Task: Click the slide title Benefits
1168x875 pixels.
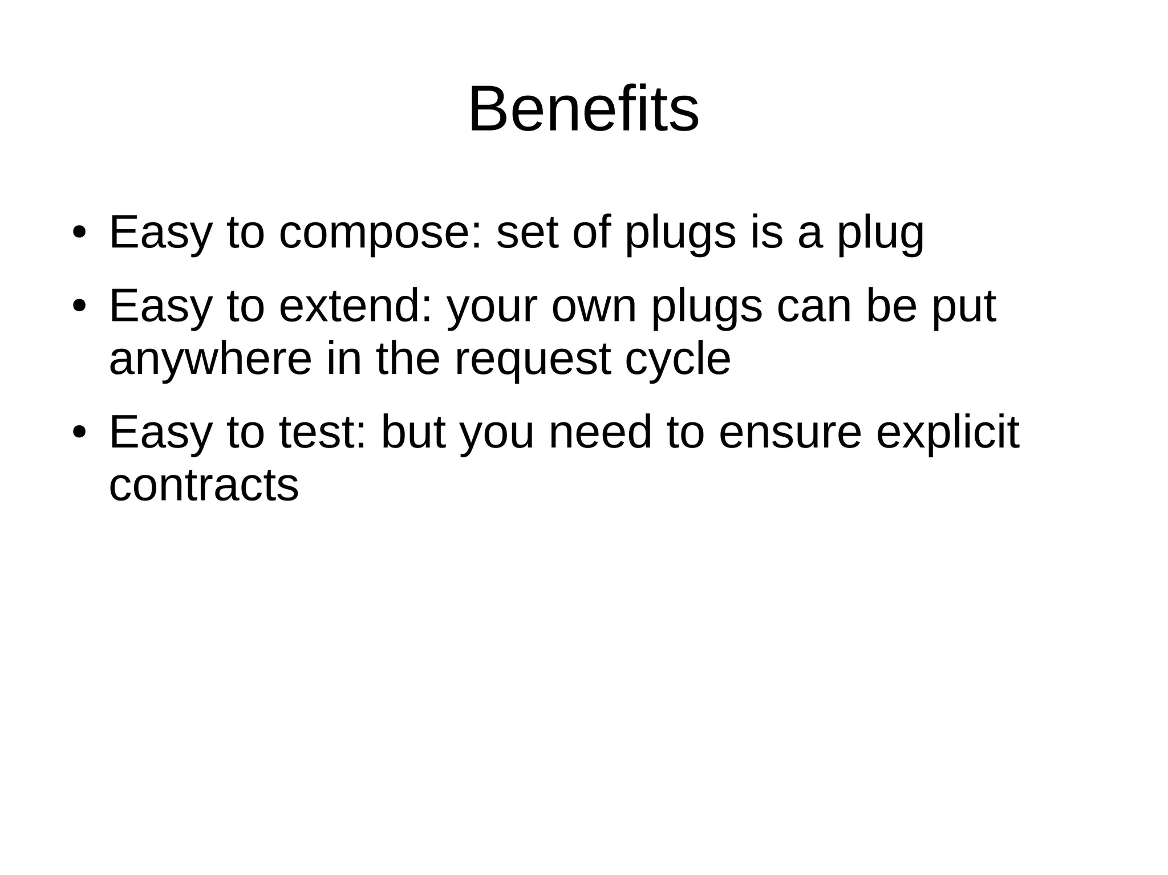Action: [583, 109]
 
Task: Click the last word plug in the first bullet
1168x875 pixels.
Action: [880, 234]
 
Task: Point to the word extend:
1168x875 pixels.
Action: [355, 306]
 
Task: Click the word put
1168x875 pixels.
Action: [964, 307]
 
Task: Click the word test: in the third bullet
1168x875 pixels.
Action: [322, 433]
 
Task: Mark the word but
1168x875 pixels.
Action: [413, 433]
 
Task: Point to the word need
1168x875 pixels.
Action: [599, 433]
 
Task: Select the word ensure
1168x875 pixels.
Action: [790, 433]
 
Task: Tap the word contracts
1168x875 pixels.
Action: [204, 486]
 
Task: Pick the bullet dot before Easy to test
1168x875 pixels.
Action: [79, 433]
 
